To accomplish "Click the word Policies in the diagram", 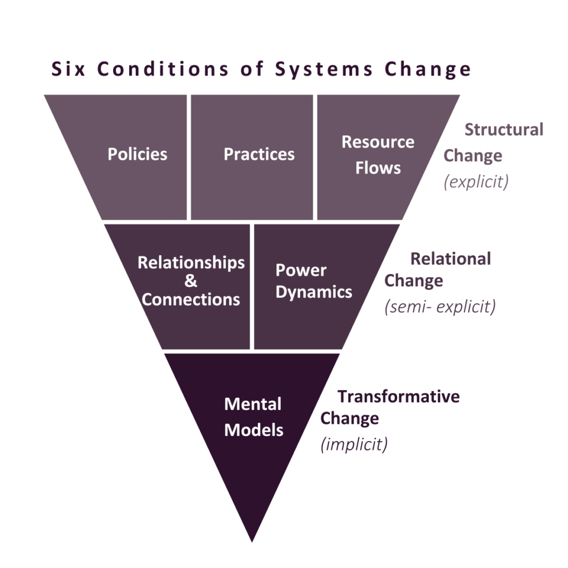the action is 138,154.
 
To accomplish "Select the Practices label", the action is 259,154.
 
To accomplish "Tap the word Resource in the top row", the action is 378,141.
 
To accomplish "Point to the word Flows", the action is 378,168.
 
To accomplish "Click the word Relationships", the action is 191,263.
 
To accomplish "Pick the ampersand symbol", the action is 191,281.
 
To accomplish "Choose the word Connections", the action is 191,300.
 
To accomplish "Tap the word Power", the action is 301,270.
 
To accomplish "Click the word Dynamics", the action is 314,292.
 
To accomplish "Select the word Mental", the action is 253,404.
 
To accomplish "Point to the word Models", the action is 253,430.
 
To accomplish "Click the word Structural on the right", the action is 504,130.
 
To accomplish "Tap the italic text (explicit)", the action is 476,181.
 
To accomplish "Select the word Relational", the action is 450,258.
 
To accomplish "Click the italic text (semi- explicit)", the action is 440,306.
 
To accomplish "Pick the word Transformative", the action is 398,396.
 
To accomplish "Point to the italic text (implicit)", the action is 354,444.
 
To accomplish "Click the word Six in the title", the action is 68,69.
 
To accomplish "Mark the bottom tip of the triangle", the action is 252,542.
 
